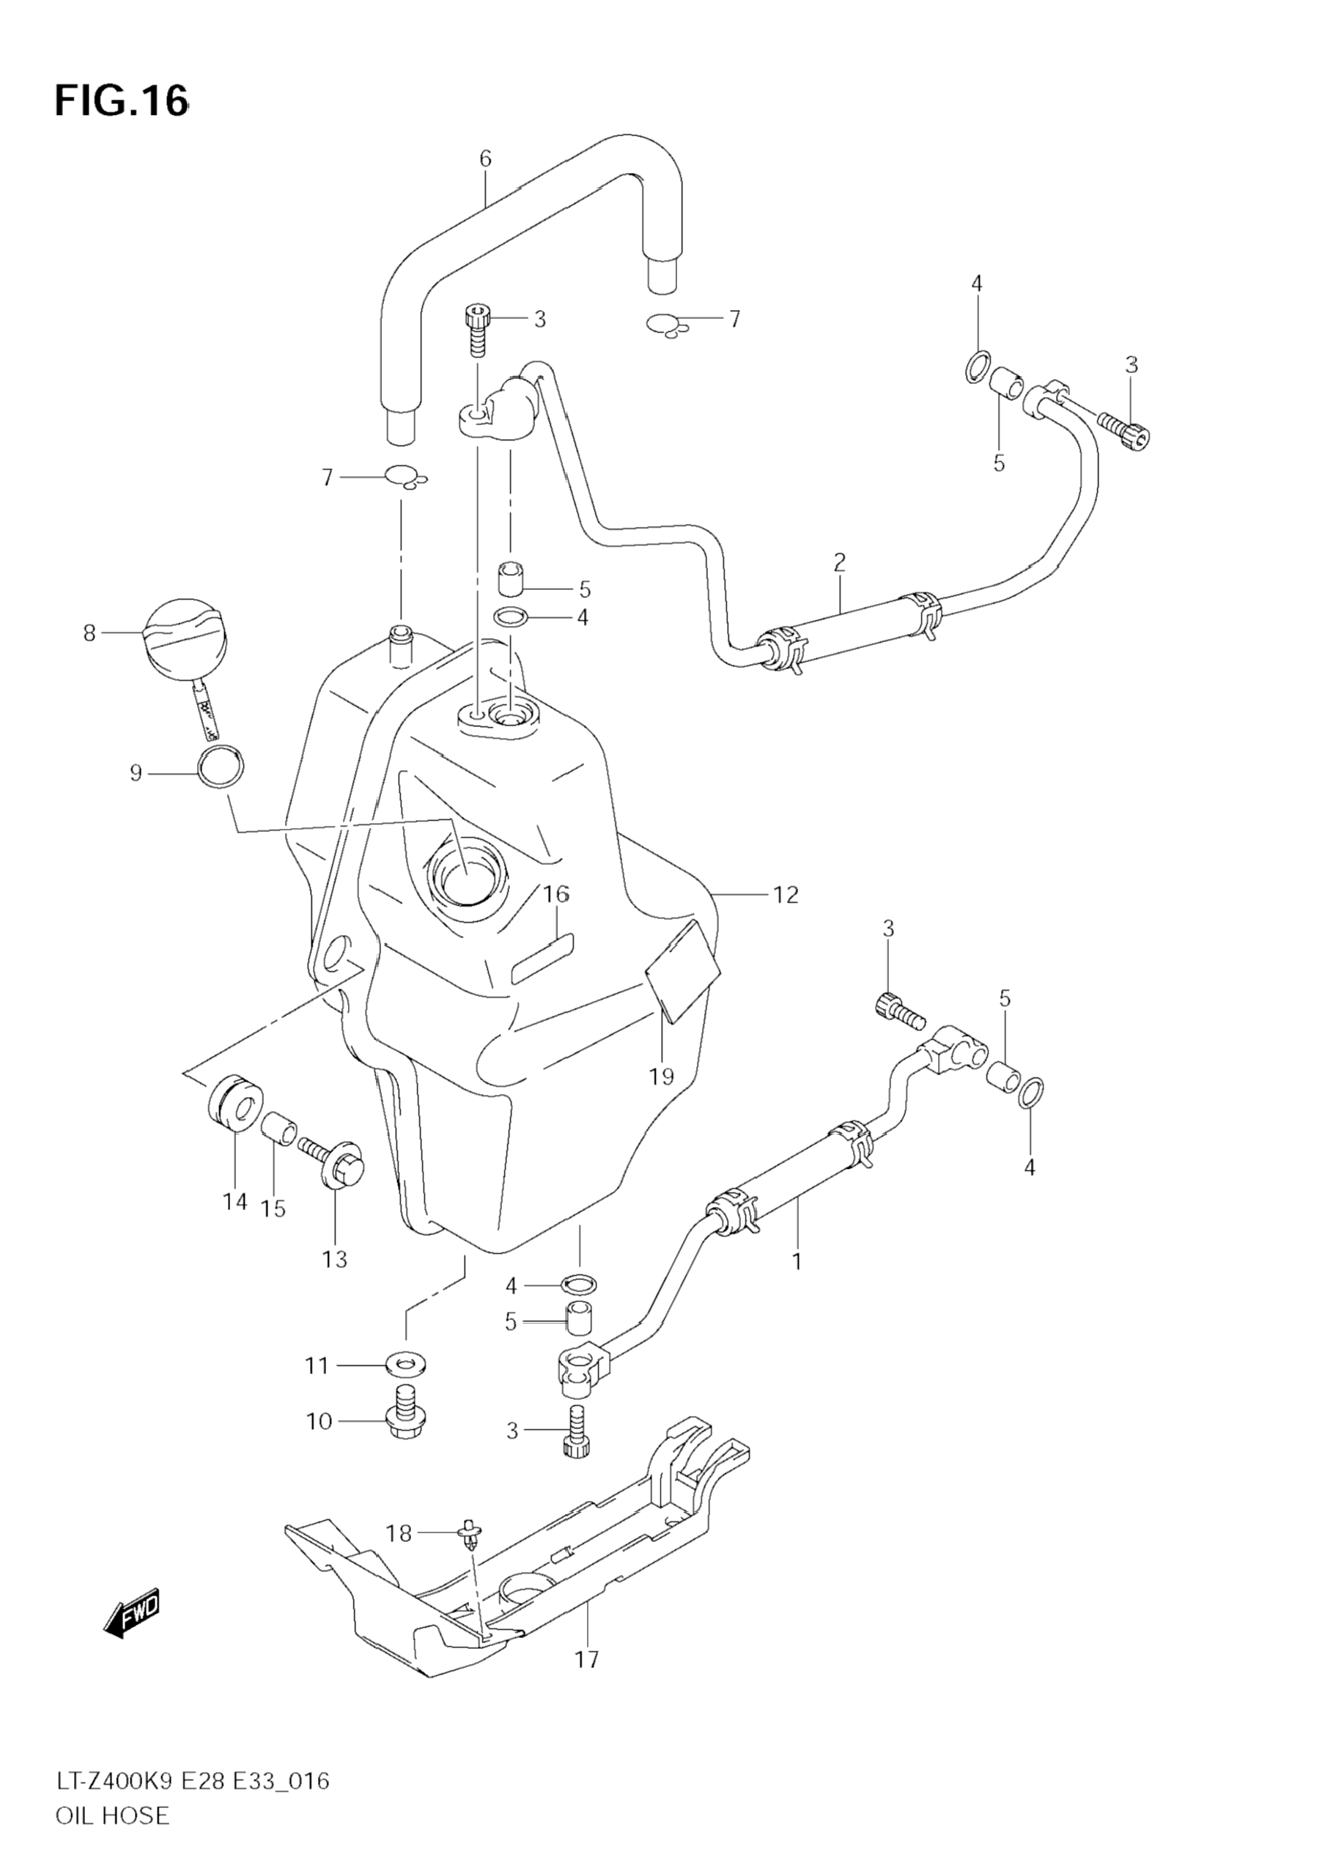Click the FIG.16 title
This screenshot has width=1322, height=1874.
[x=121, y=101]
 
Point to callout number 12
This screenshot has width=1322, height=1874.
[x=785, y=896]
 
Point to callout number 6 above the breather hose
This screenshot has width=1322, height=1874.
[x=486, y=158]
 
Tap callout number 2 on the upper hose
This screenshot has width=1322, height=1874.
[x=839, y=561]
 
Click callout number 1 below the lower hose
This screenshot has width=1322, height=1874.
[x=797, y=1261]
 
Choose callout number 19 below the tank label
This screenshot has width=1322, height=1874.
[x=662, y=1077]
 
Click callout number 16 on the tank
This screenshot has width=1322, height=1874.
[x=556, y=895]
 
